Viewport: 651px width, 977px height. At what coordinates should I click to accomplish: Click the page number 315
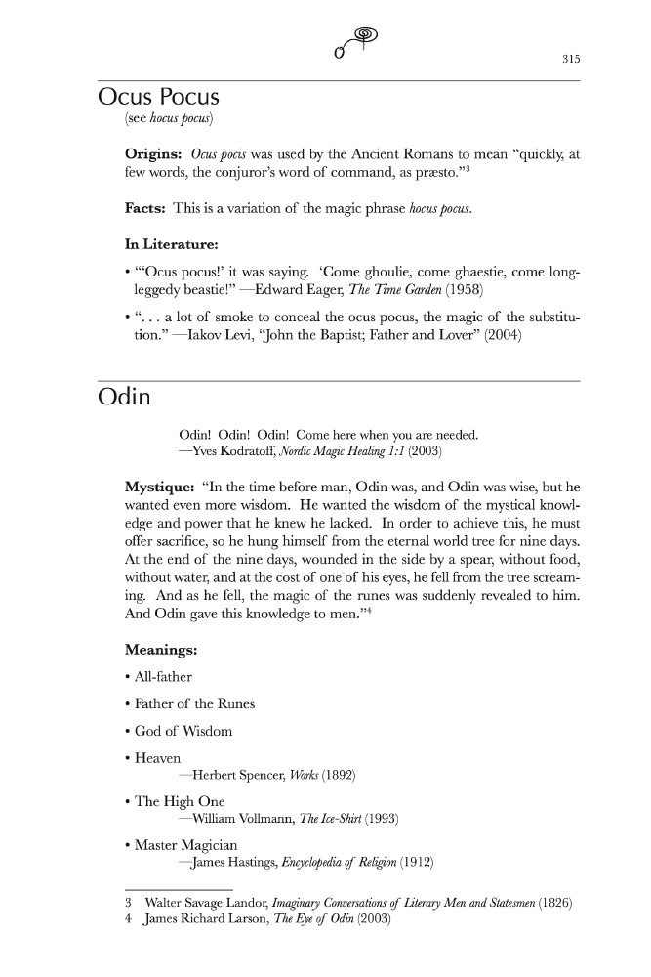(571, 60)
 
